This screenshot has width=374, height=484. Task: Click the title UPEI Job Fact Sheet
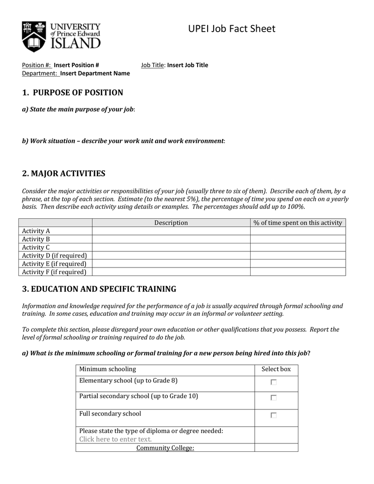(x=231, y=29)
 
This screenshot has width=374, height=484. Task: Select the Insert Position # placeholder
(x=76, y=65)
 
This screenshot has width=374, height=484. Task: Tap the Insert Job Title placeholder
(x=187, y=65)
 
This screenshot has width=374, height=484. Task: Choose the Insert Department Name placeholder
(x=95, y=73)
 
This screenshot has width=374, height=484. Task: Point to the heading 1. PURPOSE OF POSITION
(x=72, y=93)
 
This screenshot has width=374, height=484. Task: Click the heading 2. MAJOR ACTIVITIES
(x=64, y=173)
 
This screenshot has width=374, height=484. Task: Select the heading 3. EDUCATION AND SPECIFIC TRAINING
(x=99, y=289)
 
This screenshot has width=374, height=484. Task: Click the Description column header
(x=171, y=223)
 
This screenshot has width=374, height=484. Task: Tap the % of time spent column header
(x=297, y=223)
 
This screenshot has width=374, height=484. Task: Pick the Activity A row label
(x=36, y=231)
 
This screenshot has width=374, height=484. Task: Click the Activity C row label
(x=36, y=247)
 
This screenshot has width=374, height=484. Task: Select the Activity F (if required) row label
(x=54, y=272)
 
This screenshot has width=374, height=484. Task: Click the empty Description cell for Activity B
(x=171, y=239)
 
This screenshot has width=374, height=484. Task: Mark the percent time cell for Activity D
(x=297, y=255)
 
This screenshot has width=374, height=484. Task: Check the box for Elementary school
(x=274, y=382)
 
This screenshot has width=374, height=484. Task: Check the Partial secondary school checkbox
(x=274, y=398)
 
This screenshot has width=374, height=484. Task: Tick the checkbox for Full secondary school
(x=274, y=415)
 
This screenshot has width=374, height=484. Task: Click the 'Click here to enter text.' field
(x=115, y=439)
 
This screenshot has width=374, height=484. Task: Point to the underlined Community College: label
(x=165, y=448)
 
